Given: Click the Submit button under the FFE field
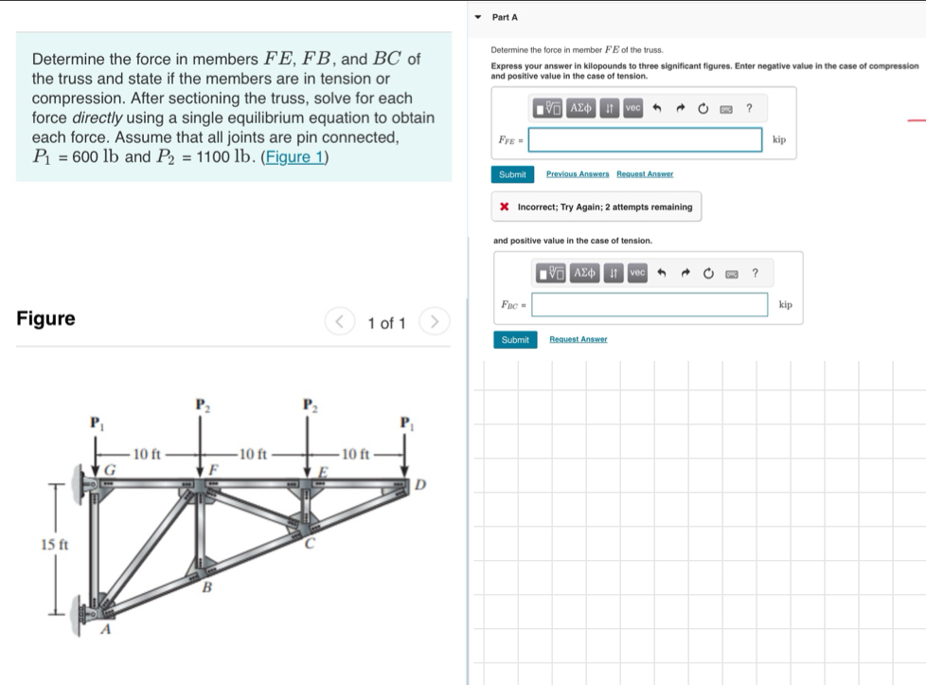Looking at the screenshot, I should [512, 174].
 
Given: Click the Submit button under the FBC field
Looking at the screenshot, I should [515, 339].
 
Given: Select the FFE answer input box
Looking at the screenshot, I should [645, 140].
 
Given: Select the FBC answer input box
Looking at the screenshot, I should [650, 304].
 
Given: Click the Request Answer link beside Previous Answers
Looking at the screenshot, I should [645, 174].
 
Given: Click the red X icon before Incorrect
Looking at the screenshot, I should [506, 207].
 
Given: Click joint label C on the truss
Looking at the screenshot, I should [308, 543].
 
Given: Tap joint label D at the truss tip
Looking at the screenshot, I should [421, 485].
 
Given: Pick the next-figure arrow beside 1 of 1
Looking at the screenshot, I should [434, 322].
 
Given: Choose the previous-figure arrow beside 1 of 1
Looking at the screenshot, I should [340, 322].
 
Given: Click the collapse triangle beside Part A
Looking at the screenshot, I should [478, 17].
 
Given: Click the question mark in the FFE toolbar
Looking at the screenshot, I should [749, 108].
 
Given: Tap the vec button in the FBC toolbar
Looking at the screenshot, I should [637, 273].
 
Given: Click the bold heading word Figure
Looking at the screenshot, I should [46, 318].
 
